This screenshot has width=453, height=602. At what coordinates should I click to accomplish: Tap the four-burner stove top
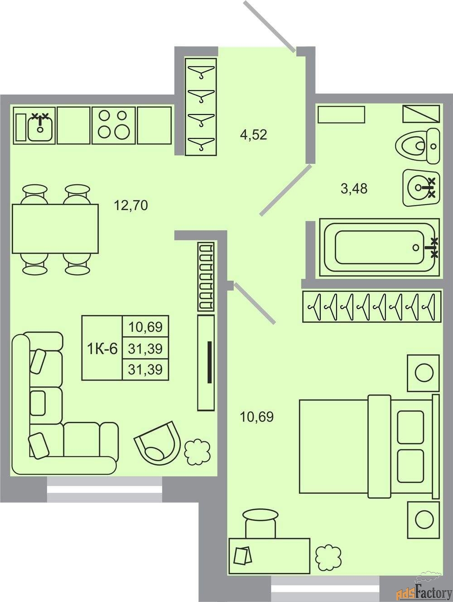pos(114,125)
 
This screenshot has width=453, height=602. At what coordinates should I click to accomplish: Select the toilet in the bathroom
pos(418,146)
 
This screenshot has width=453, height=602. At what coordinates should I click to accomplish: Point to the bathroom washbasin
pos(421,187)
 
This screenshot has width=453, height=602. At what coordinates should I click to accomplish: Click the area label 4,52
pos(253,135)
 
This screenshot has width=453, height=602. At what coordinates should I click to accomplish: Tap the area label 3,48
pos(354,189)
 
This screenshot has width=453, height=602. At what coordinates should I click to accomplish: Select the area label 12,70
pos(131,205)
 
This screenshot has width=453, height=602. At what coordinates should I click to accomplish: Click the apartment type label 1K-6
pos(102,349)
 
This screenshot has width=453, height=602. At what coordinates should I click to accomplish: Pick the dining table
pos(55,229)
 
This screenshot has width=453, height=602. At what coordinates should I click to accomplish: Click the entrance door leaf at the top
pos(270,26)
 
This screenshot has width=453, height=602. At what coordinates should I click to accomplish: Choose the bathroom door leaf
pos(286,191)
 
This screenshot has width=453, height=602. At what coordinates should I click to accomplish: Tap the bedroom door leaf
pos(254,303)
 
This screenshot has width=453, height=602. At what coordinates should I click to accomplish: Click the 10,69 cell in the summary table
pos(145,326)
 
